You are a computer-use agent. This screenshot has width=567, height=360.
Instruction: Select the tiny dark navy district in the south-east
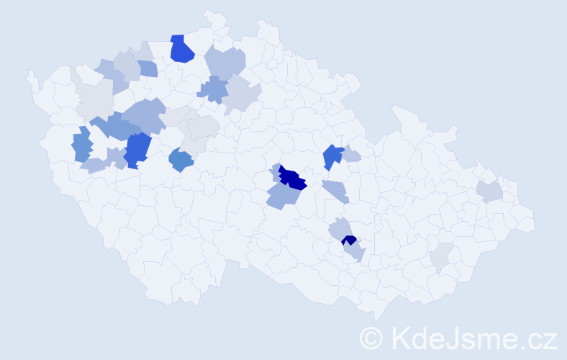pos(349,240)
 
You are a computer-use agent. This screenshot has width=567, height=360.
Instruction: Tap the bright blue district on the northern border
pos(182,49)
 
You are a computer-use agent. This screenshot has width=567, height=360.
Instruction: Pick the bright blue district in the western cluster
pos(137,149)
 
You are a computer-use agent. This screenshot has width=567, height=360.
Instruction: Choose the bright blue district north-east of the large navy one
pos(332,156)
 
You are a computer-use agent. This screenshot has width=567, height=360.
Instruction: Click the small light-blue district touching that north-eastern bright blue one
pos(350,154)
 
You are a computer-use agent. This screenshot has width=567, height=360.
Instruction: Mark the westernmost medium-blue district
pos(82,145)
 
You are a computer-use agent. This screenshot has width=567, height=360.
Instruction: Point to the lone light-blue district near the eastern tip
pos(489,191)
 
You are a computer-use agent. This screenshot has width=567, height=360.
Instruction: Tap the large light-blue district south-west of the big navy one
pos(283,195)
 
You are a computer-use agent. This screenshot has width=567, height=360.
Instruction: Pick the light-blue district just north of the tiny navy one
pos(340,229)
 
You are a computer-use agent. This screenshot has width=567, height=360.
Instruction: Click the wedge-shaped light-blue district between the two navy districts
pos(336,190)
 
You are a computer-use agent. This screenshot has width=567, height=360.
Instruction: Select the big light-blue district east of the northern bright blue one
pos(225,63)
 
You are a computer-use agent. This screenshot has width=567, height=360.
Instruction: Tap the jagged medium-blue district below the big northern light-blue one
pos(213,89)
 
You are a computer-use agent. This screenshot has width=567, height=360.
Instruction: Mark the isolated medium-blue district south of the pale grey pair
pos(181,160)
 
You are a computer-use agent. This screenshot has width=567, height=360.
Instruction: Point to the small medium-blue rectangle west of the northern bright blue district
pos(148,68)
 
